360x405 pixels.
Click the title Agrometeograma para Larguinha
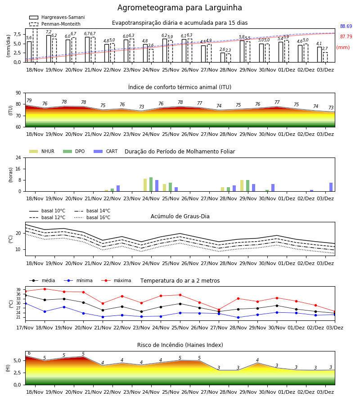point(180,8)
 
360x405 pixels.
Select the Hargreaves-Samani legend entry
point(57,17)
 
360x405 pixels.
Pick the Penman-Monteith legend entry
point(55,24)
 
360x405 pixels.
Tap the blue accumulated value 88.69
point(346,27)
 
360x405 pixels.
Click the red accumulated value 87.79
point(346,37)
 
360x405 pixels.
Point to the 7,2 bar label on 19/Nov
point(49,32)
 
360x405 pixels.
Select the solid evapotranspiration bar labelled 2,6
point(223,57)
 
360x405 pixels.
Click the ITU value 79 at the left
point(29,100)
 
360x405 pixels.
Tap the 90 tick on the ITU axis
point(18,93)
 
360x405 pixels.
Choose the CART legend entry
point(106,151)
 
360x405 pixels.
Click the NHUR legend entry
point(42,151)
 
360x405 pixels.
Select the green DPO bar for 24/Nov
point(151,184)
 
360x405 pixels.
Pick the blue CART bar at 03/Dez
point(331,187)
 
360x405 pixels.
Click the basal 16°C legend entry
point(92,217)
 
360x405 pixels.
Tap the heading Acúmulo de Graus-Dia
point(180,216)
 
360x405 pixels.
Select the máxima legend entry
point(116,280)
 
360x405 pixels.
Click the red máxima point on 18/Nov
point(45,289)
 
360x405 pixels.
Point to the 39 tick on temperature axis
point(18,289)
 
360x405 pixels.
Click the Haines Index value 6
point(29,353)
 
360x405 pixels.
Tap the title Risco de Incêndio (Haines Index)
point(180,345)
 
